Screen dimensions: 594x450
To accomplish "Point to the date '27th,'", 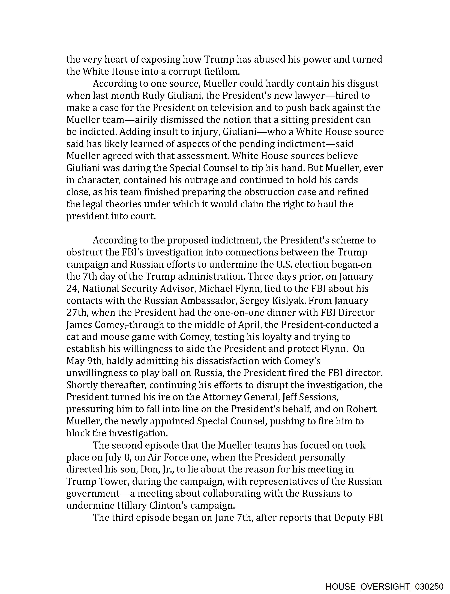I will (77, 313).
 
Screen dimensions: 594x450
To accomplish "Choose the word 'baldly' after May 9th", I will (120, 361).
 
